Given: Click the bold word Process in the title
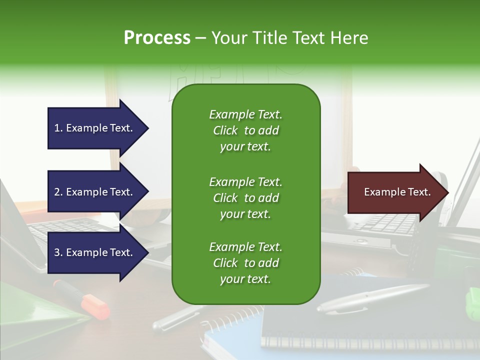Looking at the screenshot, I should pos(157,38).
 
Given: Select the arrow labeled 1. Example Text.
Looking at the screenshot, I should pos(95,128).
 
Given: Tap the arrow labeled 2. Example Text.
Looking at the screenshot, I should pos(95,192).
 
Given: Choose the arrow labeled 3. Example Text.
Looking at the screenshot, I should pos(95,252).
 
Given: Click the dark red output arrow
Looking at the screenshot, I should pos(395,192).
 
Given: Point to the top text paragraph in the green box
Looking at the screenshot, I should pos(245,130).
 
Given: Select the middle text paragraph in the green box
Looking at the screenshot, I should pos(245,198).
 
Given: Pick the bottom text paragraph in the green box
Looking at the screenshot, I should pos(245,263).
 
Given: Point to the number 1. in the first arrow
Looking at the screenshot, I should pos(58,128).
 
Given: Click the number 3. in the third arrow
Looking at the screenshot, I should pos(58,252).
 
